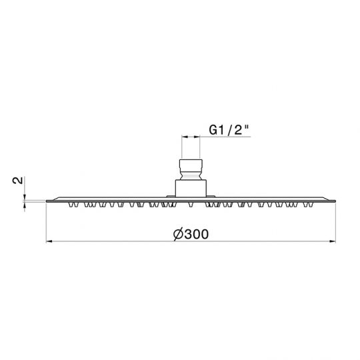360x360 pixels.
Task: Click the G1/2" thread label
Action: pyautogui.click(x=229, y=130)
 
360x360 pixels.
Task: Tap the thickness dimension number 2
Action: pyautogui.click(x=18, y=180)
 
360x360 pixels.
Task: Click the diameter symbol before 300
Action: pyautogui.click(x=179, y=235)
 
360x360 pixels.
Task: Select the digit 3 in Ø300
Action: pyautogui.click(x=188, y=235)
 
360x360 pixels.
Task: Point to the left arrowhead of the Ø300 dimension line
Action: pyautogui.click(x=49, y=241)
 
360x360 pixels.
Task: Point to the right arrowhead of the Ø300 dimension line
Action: pyautogui.click(x=333, y=241)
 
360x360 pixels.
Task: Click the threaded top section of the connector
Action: pyautogui.click(x=191, y=167)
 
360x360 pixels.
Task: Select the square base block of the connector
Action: pyautogui.click(x=191, y=188)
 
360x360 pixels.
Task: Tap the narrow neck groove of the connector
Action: pyautogui.click(x=191, y=177)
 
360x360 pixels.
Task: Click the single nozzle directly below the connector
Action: pyautogui.click(x=191, y=205)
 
